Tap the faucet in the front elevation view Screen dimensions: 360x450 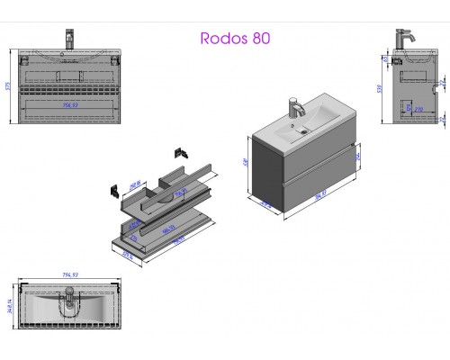pos(68,40)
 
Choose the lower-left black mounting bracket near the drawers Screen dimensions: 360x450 pos(115,190)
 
